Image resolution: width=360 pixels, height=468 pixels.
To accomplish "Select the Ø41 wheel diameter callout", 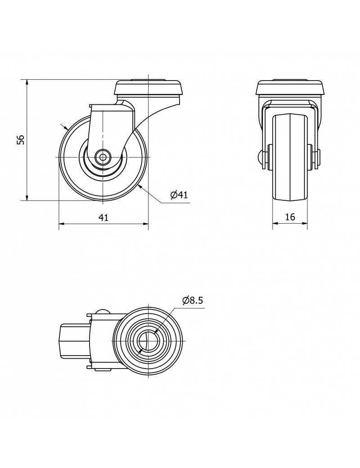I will click(179, 195).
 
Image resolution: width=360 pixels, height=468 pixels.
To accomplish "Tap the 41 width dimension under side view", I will click(103, 217).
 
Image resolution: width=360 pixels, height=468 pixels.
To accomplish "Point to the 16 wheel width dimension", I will click(290, 217).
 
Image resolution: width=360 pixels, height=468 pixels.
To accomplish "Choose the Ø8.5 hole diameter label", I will click(193, 300).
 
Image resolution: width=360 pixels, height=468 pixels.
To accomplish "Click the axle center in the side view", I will click(103, 157).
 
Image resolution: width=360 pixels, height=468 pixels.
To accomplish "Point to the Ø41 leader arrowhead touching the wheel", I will click(140, 186).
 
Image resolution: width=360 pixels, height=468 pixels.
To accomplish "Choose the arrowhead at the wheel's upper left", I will click(66, 127).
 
